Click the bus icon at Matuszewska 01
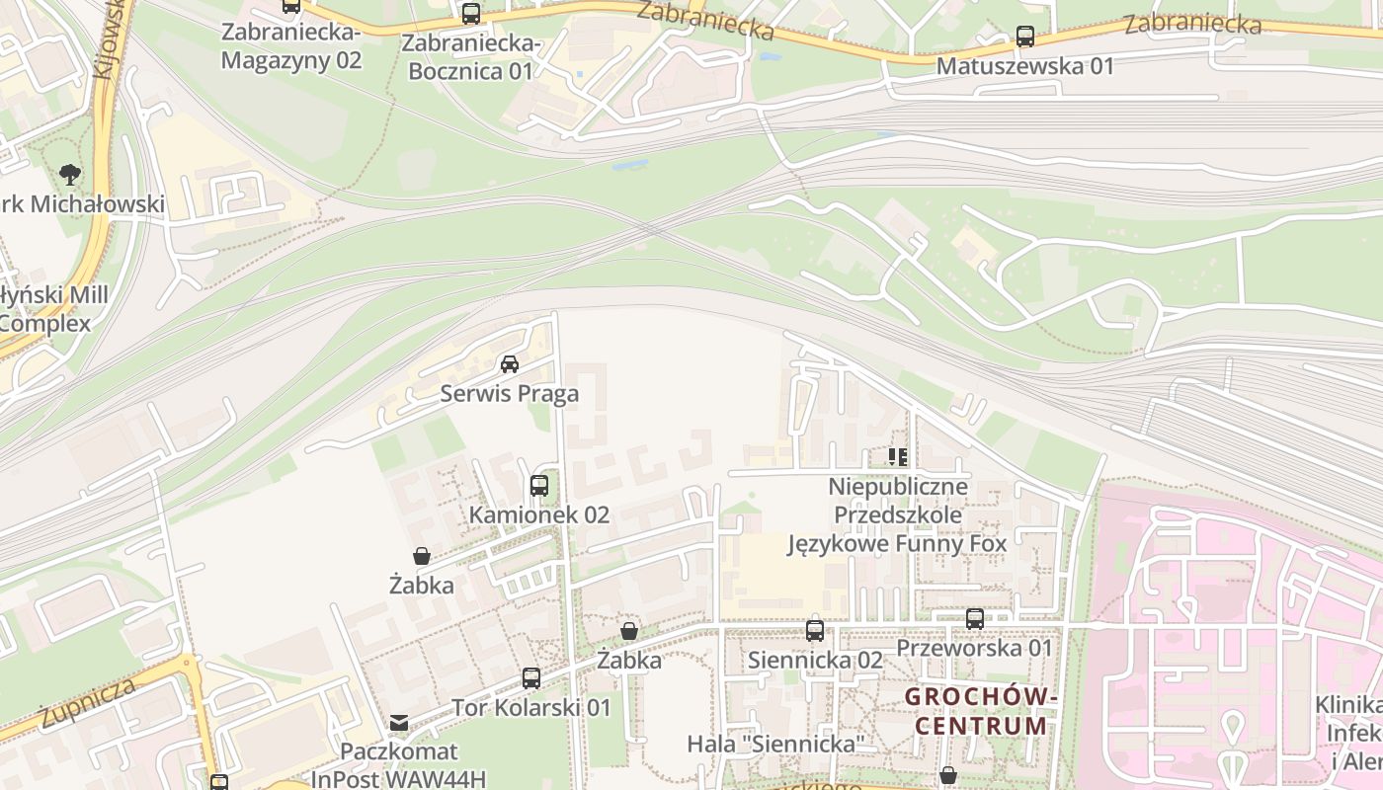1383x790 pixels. pos(1025,38)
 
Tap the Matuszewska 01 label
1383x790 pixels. pos(1025,66)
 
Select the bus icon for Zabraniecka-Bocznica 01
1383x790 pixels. pos(471,14)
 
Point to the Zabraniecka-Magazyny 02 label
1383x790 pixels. pos(291,45)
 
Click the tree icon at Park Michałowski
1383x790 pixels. pos(69,175)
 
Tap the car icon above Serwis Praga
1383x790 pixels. pos(510,364)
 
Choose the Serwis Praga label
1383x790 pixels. pos(510,393)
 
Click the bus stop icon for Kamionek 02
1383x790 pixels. pos(539,486)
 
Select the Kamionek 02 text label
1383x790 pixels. pos(539,514)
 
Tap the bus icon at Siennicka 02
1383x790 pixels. pos(815,630)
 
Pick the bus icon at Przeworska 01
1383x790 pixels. pos(975,619)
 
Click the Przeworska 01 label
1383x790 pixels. pos(975,648)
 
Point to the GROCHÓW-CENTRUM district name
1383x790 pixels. pos(981,711)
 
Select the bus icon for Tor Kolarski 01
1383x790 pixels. pos(531,678)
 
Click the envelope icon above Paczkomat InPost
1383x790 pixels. pos(399,723)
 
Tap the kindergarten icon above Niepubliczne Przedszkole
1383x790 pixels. pos(898,457)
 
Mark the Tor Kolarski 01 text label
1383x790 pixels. pos(531,707)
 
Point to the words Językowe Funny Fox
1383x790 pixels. pos(897,543)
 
